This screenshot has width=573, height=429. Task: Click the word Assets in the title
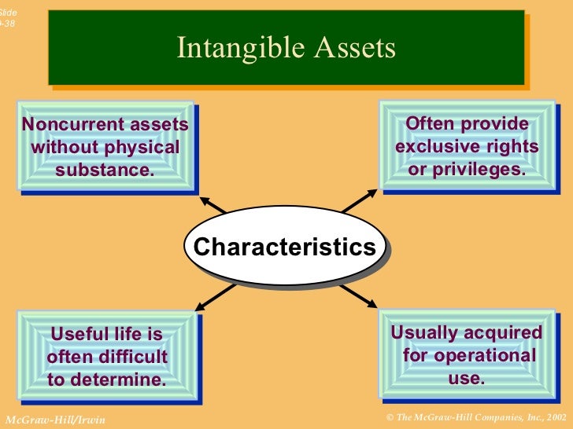coord(355,49)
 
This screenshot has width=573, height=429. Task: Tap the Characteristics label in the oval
coord(285,247)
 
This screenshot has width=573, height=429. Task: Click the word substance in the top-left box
coord(105,169)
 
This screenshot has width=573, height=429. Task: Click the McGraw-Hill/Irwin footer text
coord(54,420)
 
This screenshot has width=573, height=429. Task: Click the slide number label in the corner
coord(7,17)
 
